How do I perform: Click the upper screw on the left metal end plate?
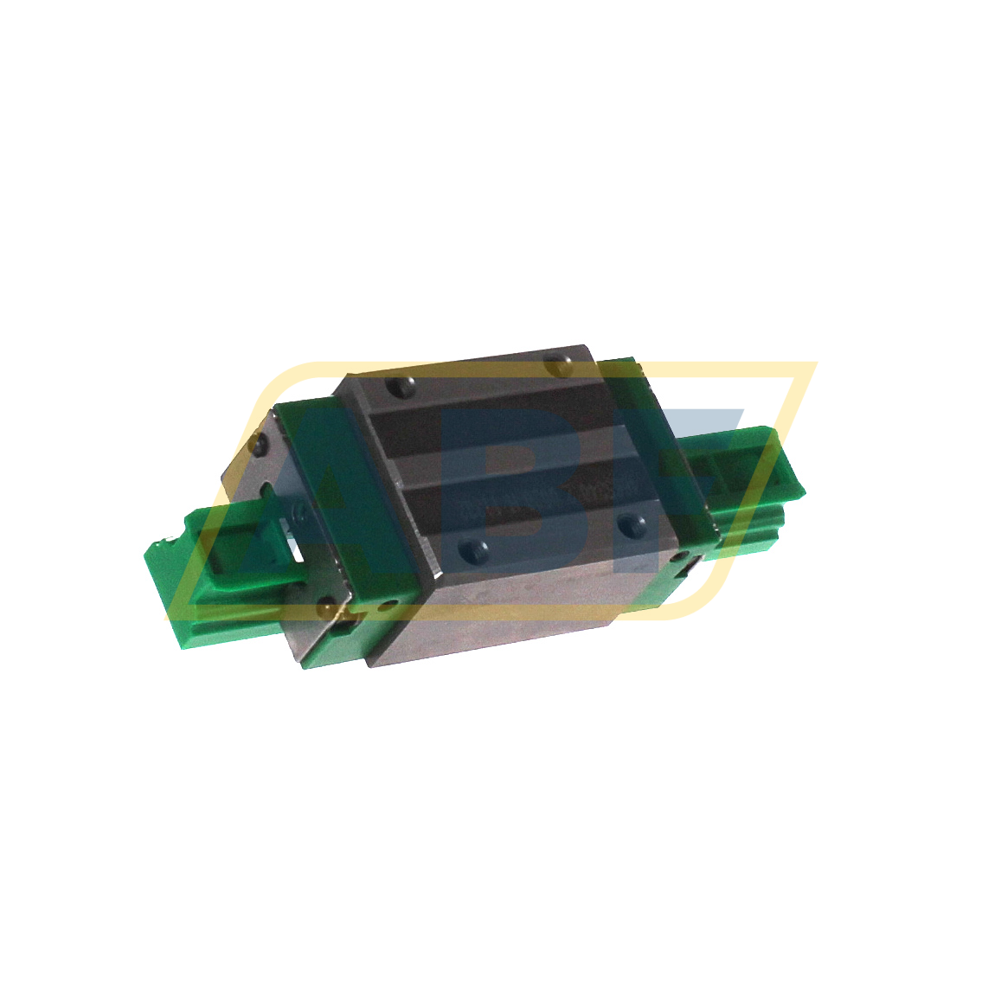[x=256, y=446]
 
